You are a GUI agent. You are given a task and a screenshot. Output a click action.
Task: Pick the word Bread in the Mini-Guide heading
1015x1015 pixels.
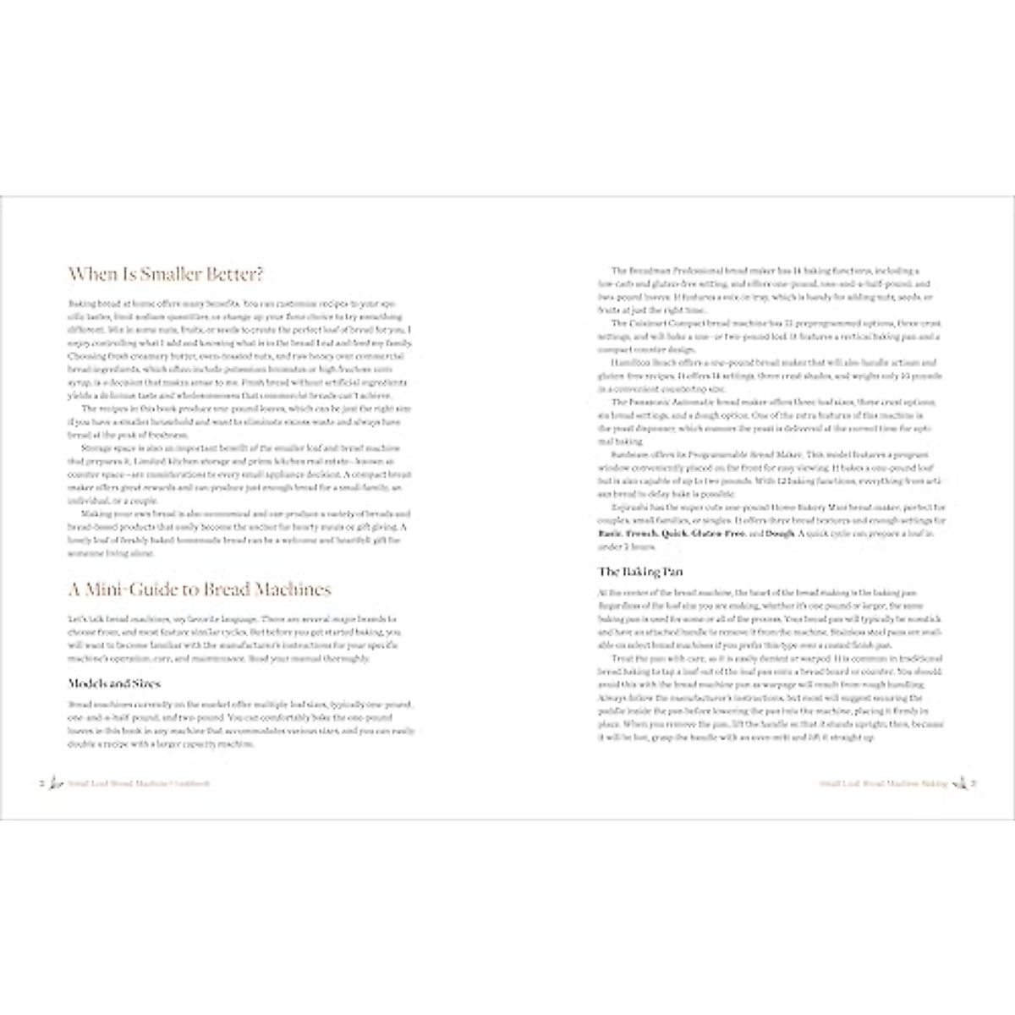pos(222,590)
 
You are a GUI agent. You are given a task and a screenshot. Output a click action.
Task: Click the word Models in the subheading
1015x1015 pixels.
pos(86,683)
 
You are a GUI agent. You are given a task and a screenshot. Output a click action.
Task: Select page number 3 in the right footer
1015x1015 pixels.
pos(974,784)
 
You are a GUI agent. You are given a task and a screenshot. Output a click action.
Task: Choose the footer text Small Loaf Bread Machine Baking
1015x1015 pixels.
pos(882,784)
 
